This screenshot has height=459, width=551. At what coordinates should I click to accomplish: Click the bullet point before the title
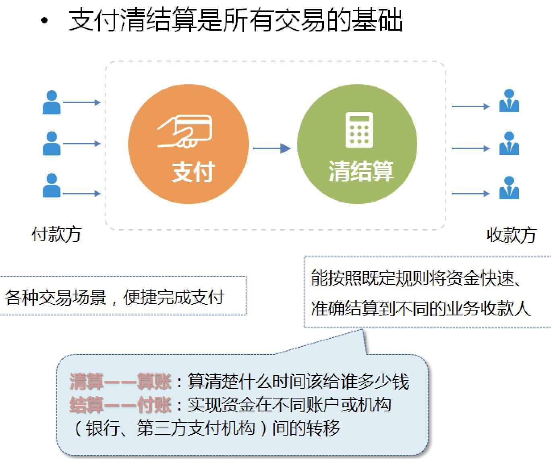pyautogui.click(x=44, y=20)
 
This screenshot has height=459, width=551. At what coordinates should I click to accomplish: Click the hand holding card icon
pyautogui.click(x=184, y=131)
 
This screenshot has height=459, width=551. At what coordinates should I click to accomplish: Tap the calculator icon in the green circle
pyautogui.click(x=359, y=130)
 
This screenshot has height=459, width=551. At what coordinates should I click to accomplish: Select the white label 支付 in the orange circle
pyautogui.click(x=193, y=172)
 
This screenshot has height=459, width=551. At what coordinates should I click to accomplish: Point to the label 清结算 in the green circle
pyautogui.click(x=361, y=171)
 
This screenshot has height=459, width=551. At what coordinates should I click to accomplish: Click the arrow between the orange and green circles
pyautogui.click(x=272, y=148)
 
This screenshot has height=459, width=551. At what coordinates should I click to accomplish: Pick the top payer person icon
pyautogui.click(x=52, y=102)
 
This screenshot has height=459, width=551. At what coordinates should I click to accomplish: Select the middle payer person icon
pyautogui.click(x=52, y=144)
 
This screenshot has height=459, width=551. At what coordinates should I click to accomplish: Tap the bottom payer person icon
pyautogui.click(x=52, y=186)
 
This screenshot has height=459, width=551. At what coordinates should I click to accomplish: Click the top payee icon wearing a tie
pyautogui.click(x=509, y=100)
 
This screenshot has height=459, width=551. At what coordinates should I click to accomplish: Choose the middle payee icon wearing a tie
pyautogui.click(x=509, y=143)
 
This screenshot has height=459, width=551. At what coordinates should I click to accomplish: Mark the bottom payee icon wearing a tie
pyautogui.click(x=509, y=188)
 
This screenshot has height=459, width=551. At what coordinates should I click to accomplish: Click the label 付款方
pyautogui.click(x=56, y=234)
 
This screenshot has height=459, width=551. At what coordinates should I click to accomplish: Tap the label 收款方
pyautogui.click(x=511, y=235)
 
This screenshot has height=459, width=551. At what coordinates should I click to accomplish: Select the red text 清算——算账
pyautogui.click(x=120, y=382)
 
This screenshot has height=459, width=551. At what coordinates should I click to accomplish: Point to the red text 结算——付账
pyautogui.click(x=120, y=405)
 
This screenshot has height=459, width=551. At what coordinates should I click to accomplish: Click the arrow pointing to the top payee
pyautogui.click(x=471, y=106)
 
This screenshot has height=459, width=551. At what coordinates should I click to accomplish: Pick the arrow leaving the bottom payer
pyautogui.click(x=82, y=194)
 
